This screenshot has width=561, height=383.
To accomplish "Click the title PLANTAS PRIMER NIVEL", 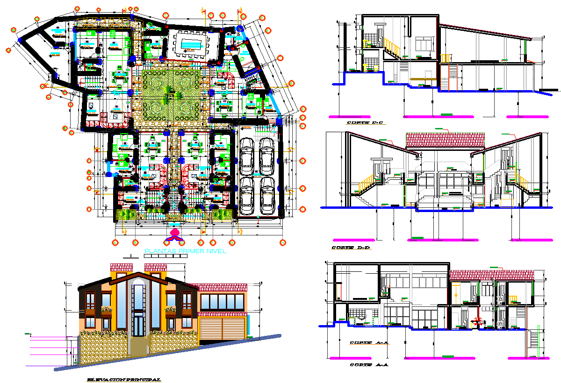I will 185,251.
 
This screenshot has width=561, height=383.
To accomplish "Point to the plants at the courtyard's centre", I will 171,98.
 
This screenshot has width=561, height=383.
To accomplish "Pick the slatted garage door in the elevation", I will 223,329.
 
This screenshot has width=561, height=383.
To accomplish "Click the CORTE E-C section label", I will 365,123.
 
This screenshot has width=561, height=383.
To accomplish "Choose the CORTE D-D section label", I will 351,248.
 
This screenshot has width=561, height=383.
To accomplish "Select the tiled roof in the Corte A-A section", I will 491,275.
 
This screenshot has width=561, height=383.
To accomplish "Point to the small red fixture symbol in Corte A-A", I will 478,320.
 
